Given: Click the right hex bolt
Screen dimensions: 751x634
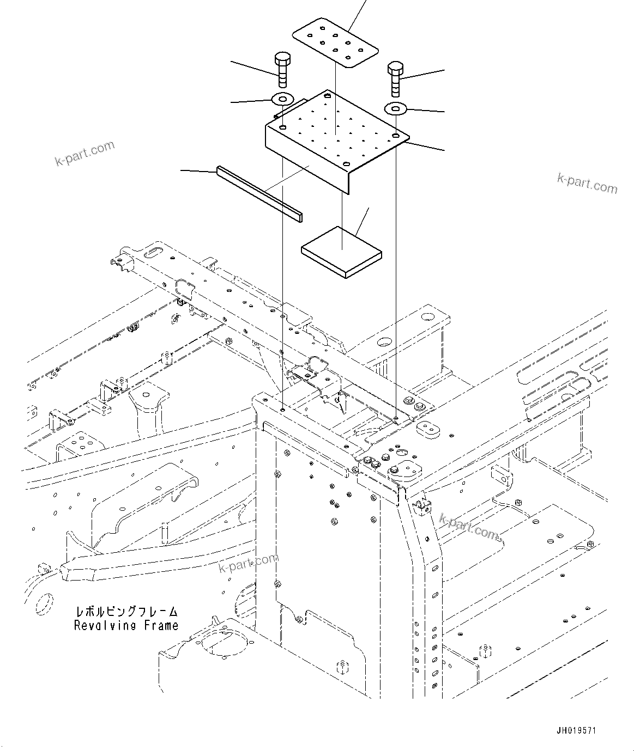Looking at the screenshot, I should (x=395, y=77).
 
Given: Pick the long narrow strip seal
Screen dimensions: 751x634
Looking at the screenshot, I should (x=259, y=194).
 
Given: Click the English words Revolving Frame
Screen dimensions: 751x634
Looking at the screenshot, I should (x=126, y=626).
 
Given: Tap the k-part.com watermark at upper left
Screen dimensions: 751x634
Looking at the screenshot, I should (x=84, y=153).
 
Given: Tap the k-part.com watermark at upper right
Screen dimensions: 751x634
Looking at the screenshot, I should (x=587, y=184).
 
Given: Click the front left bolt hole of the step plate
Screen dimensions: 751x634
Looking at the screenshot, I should (x=283, y=127).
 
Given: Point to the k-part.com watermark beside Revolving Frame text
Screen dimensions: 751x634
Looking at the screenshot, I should (x=248, y=564).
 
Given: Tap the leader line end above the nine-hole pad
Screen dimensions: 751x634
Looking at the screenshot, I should (x=365, y=2).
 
